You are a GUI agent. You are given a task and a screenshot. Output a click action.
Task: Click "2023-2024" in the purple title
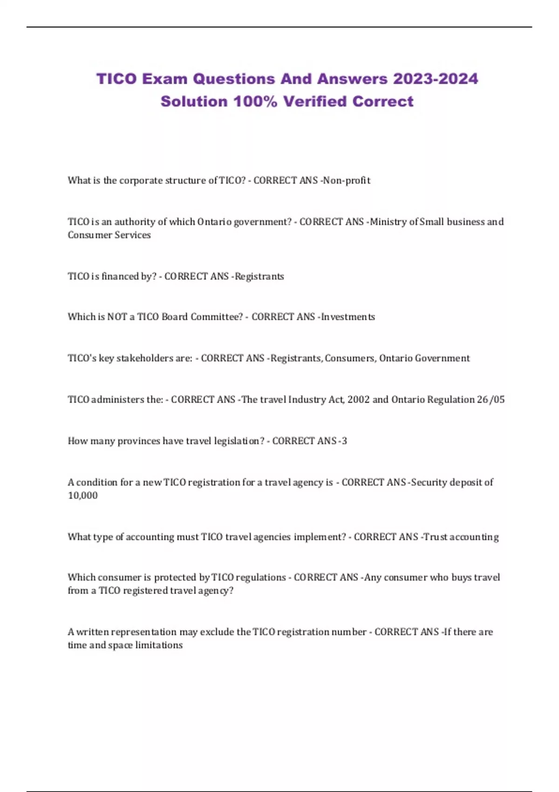[435, 79]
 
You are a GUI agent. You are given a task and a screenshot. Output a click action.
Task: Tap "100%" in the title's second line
[255, 102]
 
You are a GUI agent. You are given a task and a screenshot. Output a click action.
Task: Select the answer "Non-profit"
[347, 180]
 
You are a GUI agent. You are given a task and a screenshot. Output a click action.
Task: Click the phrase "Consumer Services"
[109, 235]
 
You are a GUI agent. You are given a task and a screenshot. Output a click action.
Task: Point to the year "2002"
[358, 400]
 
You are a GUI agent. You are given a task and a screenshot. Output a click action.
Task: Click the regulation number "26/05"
[491, 400]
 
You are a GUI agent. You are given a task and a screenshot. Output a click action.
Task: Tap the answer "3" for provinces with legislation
[344, 441]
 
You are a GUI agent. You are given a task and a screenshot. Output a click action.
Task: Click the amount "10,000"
[83, 496]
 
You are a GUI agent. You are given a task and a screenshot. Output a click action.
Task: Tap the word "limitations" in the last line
[159, 645]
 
